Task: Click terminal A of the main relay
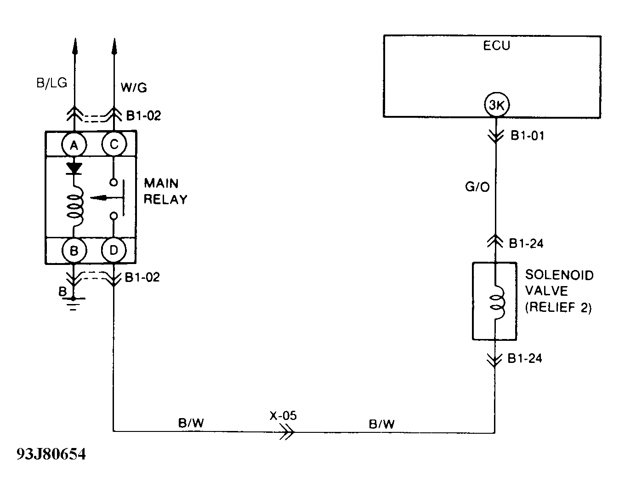coord(73,145)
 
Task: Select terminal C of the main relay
coord(114,145)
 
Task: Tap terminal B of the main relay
coord(73,251)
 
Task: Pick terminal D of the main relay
coord(114,251)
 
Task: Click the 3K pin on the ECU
coord(496,105)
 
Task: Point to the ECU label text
coord(496,46)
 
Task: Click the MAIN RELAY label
coord(165,191)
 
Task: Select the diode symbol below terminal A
coord(74,168)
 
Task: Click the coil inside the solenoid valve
coord(497,302)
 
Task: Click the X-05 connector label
coord(284,416)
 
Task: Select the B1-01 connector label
coord(527,136)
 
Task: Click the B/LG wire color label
coord(51,83)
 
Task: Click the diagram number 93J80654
coord(51,454)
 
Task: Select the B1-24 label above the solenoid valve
coord(526,243)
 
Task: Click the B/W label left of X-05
coord(191,423)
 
